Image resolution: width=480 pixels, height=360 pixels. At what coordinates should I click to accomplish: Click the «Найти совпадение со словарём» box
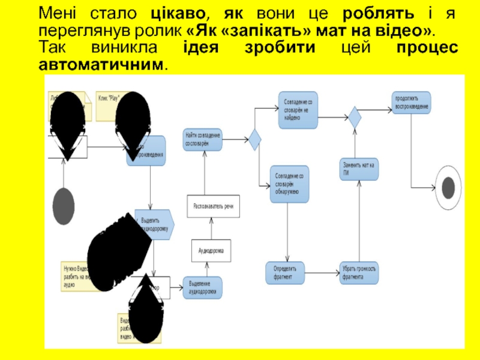[x=203, y=140]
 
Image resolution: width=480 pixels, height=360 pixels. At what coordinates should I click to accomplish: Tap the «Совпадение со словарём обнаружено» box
[x=290, y=184]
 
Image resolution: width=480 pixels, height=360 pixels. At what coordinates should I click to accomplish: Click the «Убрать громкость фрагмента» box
[x=359, y=273]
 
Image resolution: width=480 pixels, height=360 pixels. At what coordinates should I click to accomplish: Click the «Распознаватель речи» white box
[x=213, y=206]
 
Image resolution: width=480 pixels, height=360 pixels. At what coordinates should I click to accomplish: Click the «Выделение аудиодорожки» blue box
[x=203, y=287]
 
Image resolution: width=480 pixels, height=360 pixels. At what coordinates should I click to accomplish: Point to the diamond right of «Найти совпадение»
[x=255, y=140]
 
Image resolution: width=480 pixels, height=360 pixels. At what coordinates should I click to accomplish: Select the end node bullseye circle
[x=448, y=188]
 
